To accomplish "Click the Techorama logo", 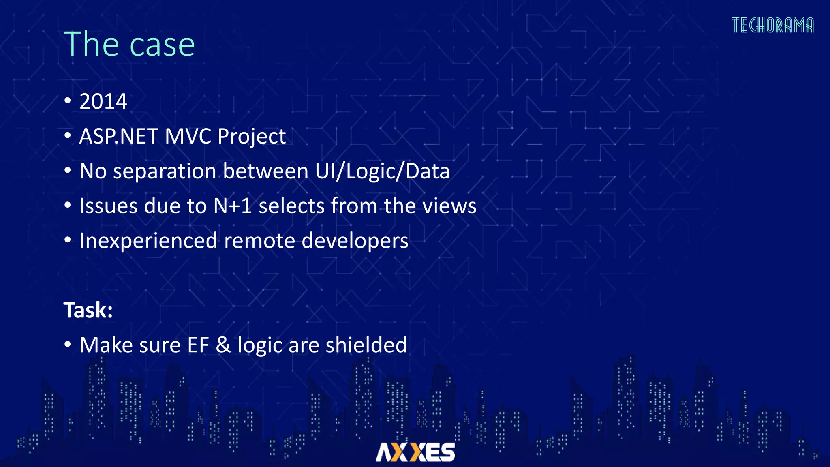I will click(772, 25).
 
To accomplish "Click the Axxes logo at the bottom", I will click(415, 452).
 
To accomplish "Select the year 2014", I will click(103, 101).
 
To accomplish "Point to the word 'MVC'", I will click(188, 136).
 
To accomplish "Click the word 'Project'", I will click(252, 137).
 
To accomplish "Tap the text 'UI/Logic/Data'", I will click(382, 171).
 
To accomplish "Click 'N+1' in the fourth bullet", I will click(233, 206).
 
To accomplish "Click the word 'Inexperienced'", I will click(148, 241).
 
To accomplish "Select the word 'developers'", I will click(355, 241).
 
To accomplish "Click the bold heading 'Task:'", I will click(88, 311).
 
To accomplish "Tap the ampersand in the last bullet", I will click(223, 345).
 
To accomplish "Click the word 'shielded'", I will click(366, 345).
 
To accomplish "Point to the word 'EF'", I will click(198, 345).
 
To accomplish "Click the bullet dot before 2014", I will click(68, 101).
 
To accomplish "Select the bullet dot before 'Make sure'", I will click(68, 345).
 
